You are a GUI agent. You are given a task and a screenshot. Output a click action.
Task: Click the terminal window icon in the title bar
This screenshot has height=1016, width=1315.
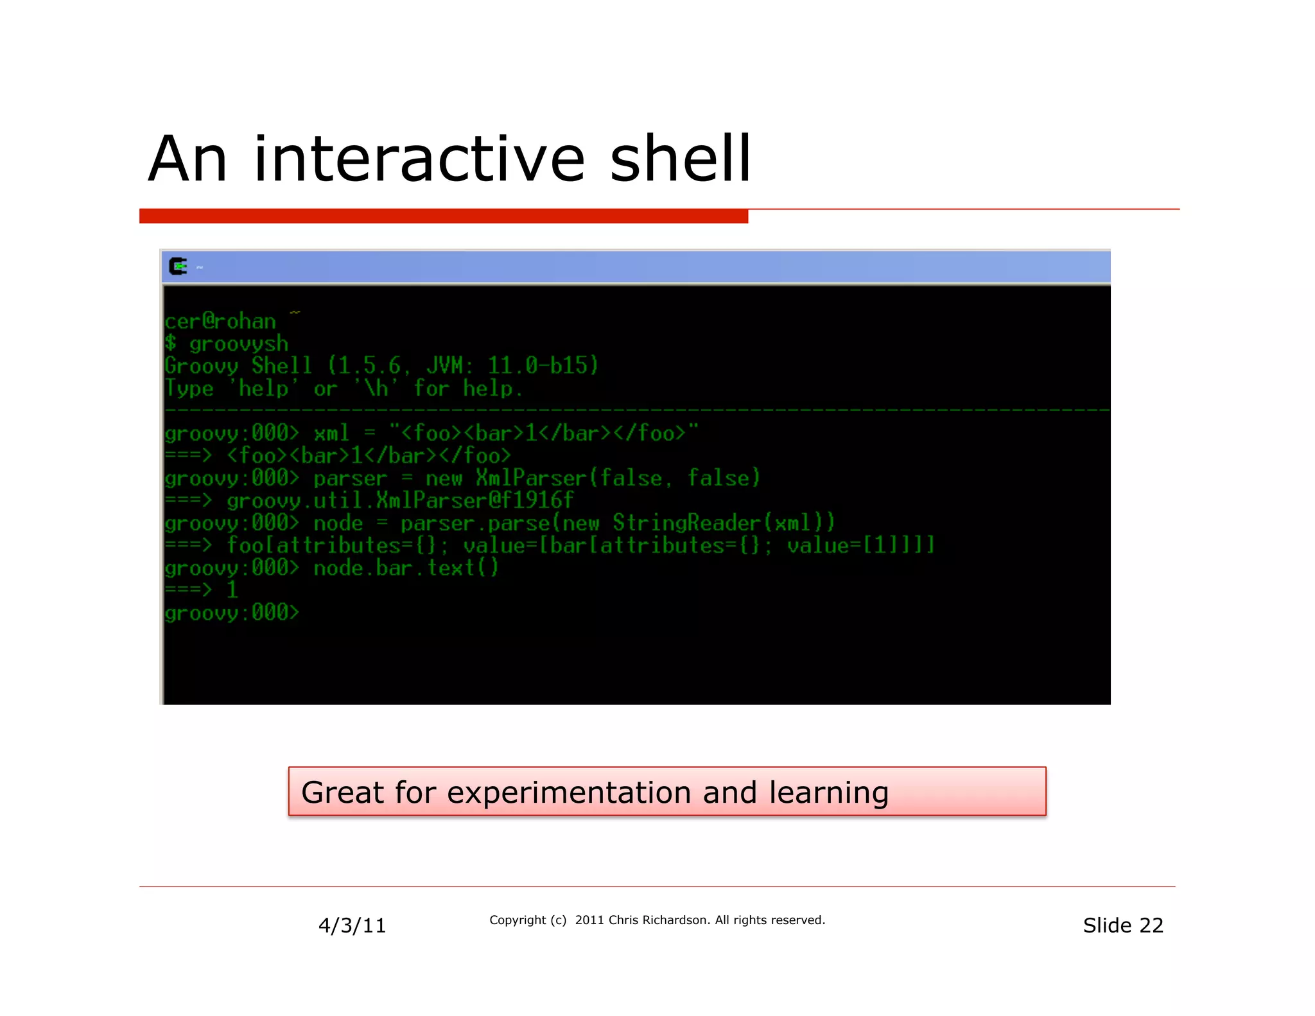click(x=178, y=266)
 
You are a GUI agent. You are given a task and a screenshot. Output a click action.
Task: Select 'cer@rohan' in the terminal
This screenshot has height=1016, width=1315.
click(x=220, y=320)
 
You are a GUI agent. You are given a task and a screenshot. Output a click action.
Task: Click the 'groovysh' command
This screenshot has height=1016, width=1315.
click(x=238, y=344)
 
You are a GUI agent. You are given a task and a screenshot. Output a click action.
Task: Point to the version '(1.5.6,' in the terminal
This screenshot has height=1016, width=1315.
click(x=369, y=365)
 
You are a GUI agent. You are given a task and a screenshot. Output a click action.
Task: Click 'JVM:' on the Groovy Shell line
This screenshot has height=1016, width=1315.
click(x=449, y=365)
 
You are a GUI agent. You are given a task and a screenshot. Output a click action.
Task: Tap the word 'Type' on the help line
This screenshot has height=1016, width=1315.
click(x=189, y=388)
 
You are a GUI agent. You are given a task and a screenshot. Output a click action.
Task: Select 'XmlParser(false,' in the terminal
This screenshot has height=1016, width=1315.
click(x=569, y=478)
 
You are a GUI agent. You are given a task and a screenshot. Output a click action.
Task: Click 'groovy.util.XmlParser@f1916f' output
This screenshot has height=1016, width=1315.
click(x=399, y=500)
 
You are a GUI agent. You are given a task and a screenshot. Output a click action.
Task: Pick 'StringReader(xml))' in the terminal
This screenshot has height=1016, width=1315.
click(x=724, y=523)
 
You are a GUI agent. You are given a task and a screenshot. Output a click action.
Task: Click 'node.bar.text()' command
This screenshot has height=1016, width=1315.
click(x=406, y=568)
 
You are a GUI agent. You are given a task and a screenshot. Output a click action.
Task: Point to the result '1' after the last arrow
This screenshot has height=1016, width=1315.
click(x=232, y=590)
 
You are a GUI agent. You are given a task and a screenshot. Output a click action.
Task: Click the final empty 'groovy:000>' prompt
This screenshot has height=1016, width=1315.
click(x=232, y=613)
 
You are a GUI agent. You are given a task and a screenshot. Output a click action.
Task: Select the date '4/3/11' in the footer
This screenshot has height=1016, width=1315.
click(x=352, y=925)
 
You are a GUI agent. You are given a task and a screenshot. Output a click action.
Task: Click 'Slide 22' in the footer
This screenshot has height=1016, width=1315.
click(x=1122, y=925)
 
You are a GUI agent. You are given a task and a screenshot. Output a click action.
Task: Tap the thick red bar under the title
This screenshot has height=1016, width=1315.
click(x=443, y=216)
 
